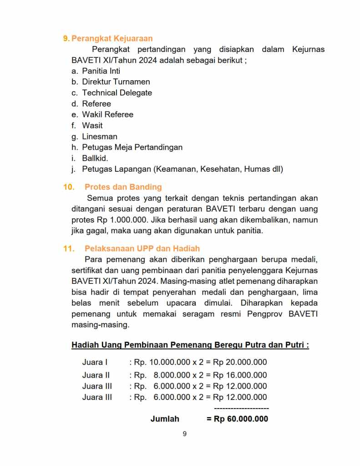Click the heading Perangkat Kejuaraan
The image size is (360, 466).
[x=112, y=38]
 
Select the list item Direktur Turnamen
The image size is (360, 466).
[x=116, y=82]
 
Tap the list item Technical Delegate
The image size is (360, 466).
[x=117, y=93]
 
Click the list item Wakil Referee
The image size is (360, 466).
[x=107, y=115]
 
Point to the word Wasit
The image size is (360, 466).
[x=92, y=126]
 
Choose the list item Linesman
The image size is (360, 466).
[x=100, y=137]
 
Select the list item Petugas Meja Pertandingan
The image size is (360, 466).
[x=132, y=148]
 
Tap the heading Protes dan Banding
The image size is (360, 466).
[x=123, y=187]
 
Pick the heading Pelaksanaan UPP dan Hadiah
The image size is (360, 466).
[x=142, y=249]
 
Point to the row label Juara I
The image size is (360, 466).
[x=95, y=363]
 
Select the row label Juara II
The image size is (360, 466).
[x=96, y=375]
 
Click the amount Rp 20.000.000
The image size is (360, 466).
[x=240, y=363]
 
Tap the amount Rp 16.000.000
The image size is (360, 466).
[x=240, y=375]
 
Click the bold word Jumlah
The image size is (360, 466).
[x=165, y=419]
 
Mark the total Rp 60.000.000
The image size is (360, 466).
[x=241, y=419]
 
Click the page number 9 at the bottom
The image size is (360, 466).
[x=184, y=434]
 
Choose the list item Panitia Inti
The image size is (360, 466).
[x=101, y=71]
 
